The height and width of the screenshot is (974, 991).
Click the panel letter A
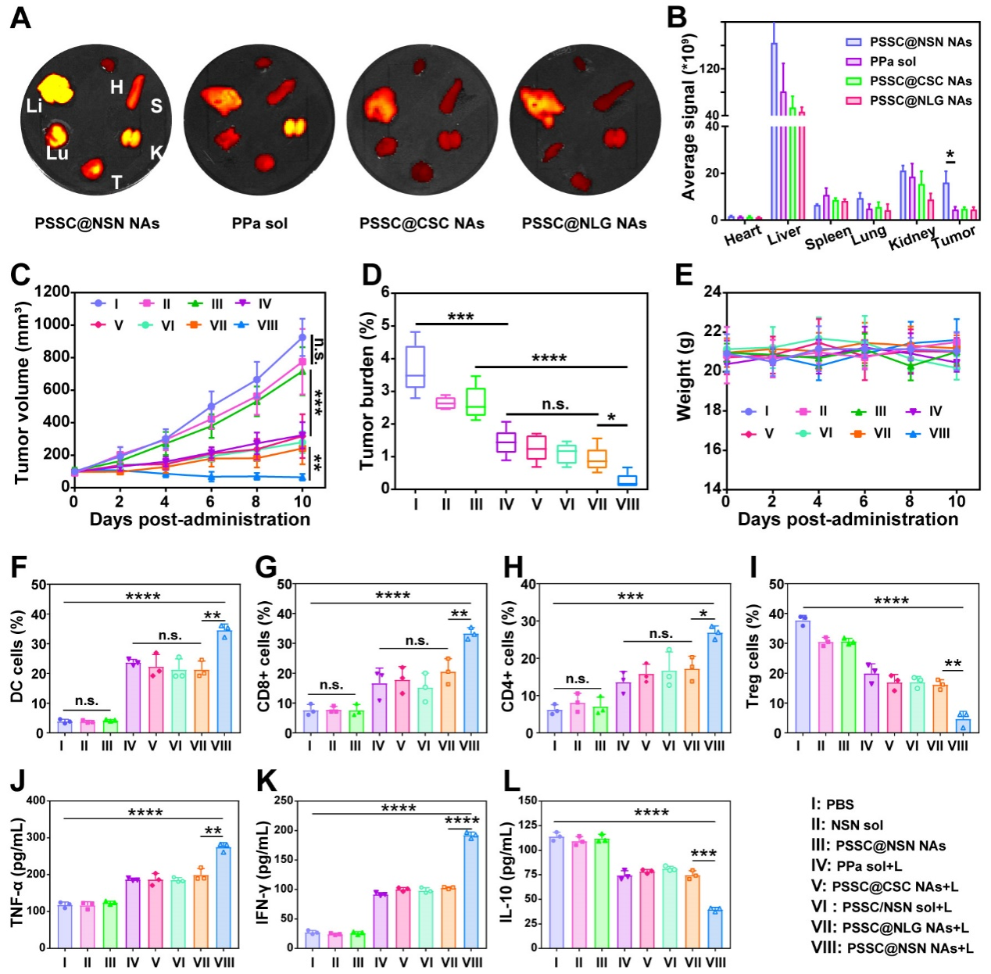coord(21,16)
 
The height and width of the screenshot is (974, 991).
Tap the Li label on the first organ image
coord(34,106)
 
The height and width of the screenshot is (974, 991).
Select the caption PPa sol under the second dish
coord(259,224)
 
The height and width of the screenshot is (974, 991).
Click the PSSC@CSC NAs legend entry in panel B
coord(920,81)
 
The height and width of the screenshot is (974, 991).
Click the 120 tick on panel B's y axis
coord(708,69)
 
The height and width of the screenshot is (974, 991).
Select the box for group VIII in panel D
coord(627,480)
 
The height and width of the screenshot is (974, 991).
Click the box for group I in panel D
coord(416,367)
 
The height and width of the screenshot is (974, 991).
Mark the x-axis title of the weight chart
coord(847,520)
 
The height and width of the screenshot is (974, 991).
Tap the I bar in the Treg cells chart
coord(803,677)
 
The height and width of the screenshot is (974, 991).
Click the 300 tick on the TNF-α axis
coord(35,838)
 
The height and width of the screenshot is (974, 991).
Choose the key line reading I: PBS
coord(832,804)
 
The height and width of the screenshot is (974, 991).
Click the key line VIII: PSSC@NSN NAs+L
coord(892,948)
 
